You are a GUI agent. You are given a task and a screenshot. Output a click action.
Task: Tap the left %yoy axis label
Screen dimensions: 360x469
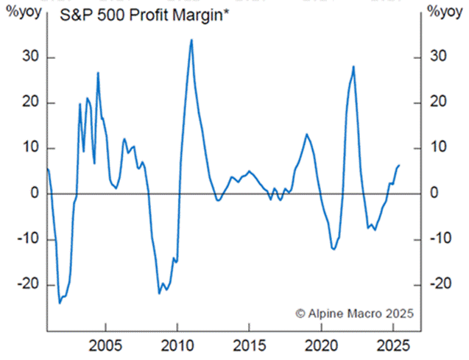22,13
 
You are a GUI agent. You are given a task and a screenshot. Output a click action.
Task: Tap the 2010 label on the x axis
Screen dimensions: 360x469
177,346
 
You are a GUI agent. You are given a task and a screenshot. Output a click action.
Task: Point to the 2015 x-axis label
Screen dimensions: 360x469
249,346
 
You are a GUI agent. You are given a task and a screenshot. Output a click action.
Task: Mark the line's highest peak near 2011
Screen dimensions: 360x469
191,39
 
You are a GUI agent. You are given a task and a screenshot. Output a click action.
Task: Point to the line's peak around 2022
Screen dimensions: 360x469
353,66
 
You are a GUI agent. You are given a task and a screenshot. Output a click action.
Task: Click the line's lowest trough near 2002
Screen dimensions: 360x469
60,303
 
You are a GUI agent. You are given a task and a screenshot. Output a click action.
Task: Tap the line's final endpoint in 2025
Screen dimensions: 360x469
400,166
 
